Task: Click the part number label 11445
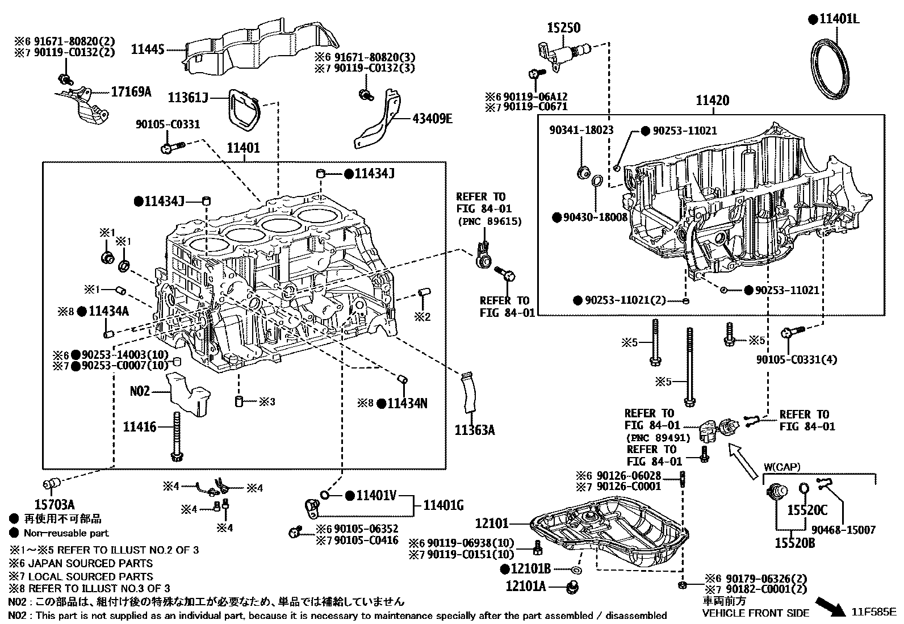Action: tap(148, 49)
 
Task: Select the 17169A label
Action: tap(131, 91)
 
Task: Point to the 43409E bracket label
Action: tap(432, 119)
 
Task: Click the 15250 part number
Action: tap(564, 27)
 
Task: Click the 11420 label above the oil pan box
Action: tap(712, 101)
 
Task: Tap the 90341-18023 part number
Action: tap(581, 130)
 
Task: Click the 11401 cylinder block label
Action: tap(243, 148)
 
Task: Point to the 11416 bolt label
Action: tap(139, 426)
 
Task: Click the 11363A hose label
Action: tap(474, 430)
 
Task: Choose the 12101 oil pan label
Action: tap(492, 524)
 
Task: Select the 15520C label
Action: tap(807, 510)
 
